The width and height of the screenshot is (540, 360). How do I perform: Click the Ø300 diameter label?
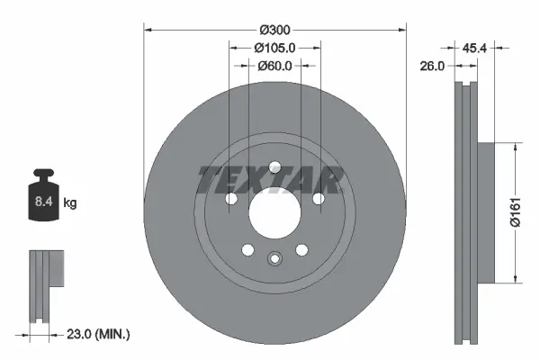[x=274, y=30]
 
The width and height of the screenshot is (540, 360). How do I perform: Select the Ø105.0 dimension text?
[x=274, y=48]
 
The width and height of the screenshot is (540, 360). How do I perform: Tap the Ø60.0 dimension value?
[x=274, y=66]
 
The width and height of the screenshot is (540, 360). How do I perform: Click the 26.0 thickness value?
[x=433, y=65]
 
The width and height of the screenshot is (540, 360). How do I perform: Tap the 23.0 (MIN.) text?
[x=100, y=334]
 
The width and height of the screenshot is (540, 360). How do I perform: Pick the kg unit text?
[x=70, y=203]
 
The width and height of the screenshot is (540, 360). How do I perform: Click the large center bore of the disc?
[x=274, y=213]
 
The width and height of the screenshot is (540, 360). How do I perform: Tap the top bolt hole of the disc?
[x=274, y=166]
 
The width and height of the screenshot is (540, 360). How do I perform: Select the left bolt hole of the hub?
[x=230, y=198]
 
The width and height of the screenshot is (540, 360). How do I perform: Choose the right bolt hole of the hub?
[x=319, y=198]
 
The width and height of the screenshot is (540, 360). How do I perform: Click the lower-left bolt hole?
[x=247, y=251]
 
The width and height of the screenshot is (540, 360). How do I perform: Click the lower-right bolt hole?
[x=301, y=251]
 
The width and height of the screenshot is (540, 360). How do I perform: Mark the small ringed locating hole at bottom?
[x=274, y=260]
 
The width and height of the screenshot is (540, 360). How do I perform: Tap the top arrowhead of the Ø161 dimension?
[x=514, y=145]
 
